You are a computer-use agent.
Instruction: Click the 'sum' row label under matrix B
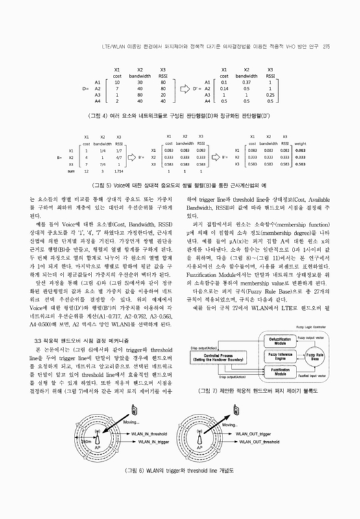(70, 171)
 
